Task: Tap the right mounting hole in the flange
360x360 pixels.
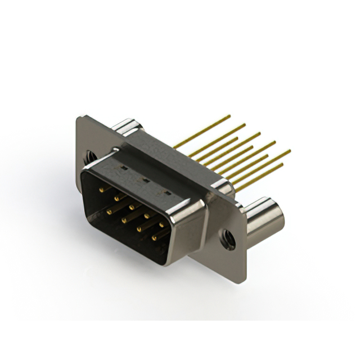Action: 228,238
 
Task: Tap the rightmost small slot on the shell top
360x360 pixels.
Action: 166,193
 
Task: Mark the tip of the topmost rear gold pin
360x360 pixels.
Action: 229,116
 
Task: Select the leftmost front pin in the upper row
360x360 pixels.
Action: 102,190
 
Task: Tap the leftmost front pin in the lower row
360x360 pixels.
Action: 109,210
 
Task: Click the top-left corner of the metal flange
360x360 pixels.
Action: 78,118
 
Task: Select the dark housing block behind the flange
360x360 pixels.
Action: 169,157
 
